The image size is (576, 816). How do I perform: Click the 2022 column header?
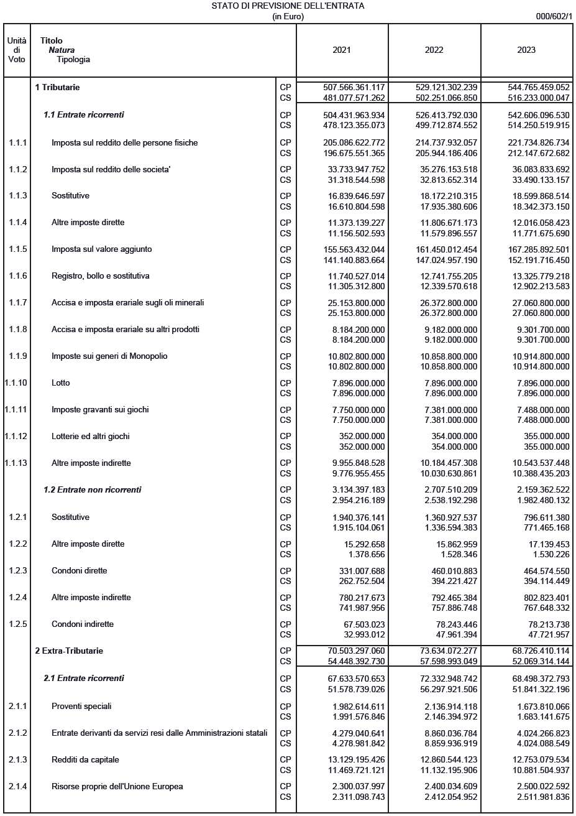[x=434, y=50]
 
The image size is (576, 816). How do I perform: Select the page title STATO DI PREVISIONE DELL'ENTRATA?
[x=288, y=6]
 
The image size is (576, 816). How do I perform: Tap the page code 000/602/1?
[x=554, y=17]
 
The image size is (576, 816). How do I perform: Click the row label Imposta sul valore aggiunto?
[x=103, y=249]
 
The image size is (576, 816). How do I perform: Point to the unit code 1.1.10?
[x=15, y=383]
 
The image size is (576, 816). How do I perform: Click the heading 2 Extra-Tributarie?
[x=69, y=651]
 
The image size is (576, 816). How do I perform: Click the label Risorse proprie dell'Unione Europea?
[x=117, y=787]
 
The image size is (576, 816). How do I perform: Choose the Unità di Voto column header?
[x=17, y=50]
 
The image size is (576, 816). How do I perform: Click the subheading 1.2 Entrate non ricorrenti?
[x=92, y=490]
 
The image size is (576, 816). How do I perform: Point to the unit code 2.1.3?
[x=17, y=760]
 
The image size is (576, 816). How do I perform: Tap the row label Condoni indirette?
[x=83, y=624]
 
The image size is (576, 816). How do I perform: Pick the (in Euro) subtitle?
[x=288, y=17]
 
